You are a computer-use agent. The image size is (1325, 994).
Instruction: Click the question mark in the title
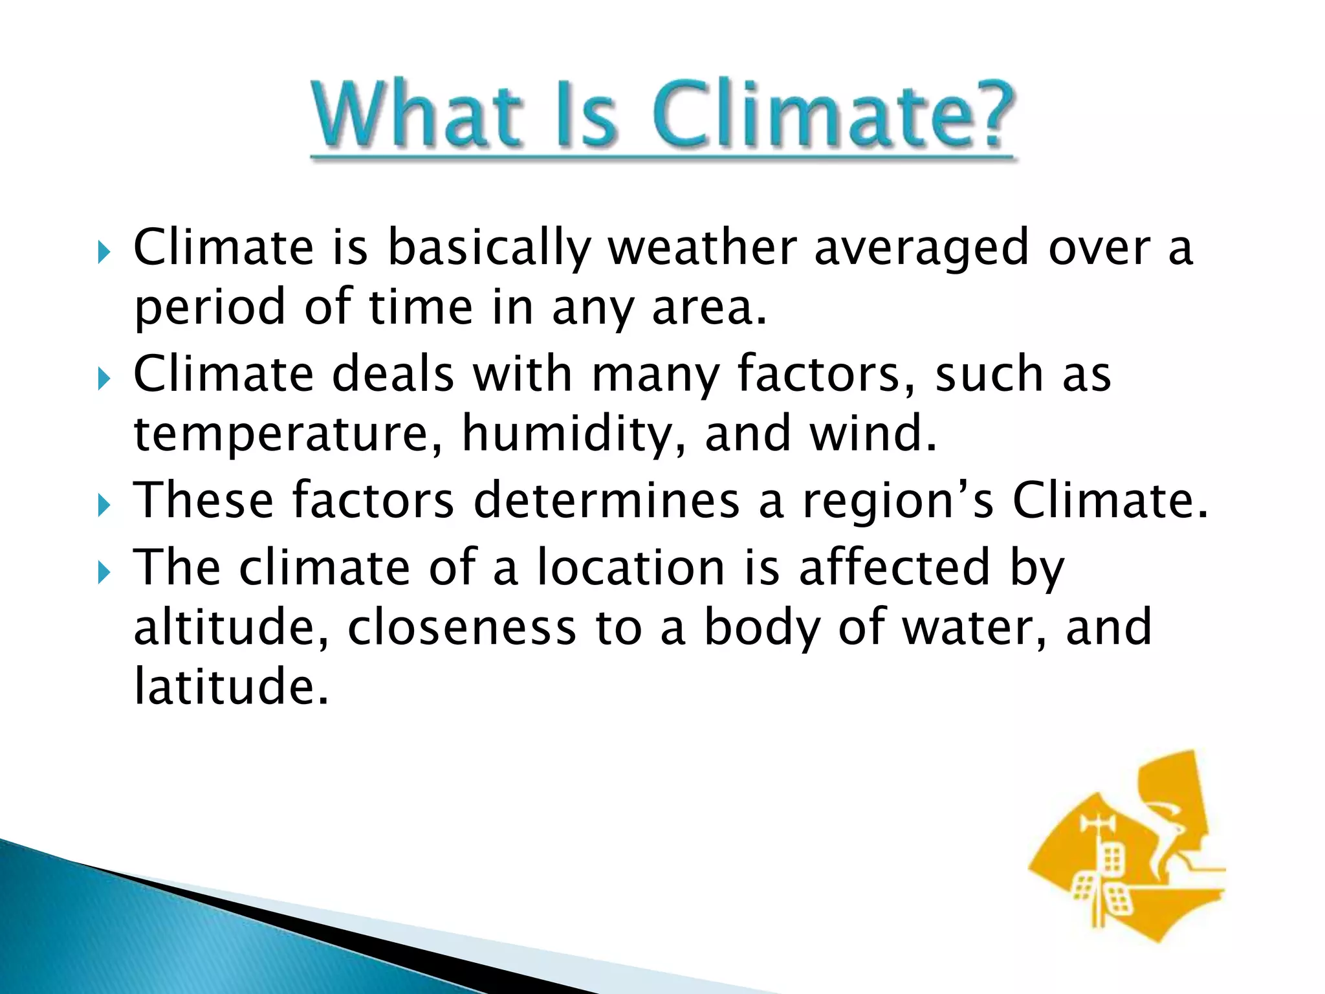click(x=986, y=116)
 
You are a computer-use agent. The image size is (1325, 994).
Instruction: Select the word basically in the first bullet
click(x=489, y=248)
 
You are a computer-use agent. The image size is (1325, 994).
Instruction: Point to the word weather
click(x=702, y=248)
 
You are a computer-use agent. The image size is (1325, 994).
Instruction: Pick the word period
click(x=210, y=308)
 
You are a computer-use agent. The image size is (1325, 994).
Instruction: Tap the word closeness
click(x=462, y=628)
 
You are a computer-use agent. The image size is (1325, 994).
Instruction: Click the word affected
click(x=894, y=567)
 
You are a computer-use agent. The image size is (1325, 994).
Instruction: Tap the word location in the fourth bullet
click(x=631, y=567)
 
